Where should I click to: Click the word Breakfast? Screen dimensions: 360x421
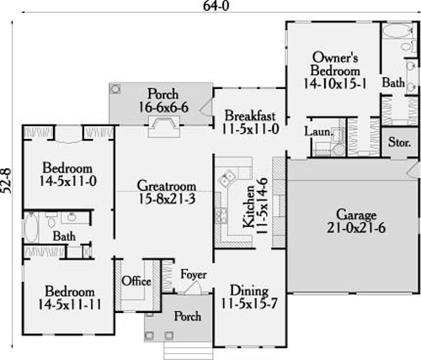coord(251,116)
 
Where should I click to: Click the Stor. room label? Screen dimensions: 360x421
coord(398,142)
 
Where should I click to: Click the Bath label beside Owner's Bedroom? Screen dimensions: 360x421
coord(392,83)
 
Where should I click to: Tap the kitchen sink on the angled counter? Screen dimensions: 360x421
coord(227,178)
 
